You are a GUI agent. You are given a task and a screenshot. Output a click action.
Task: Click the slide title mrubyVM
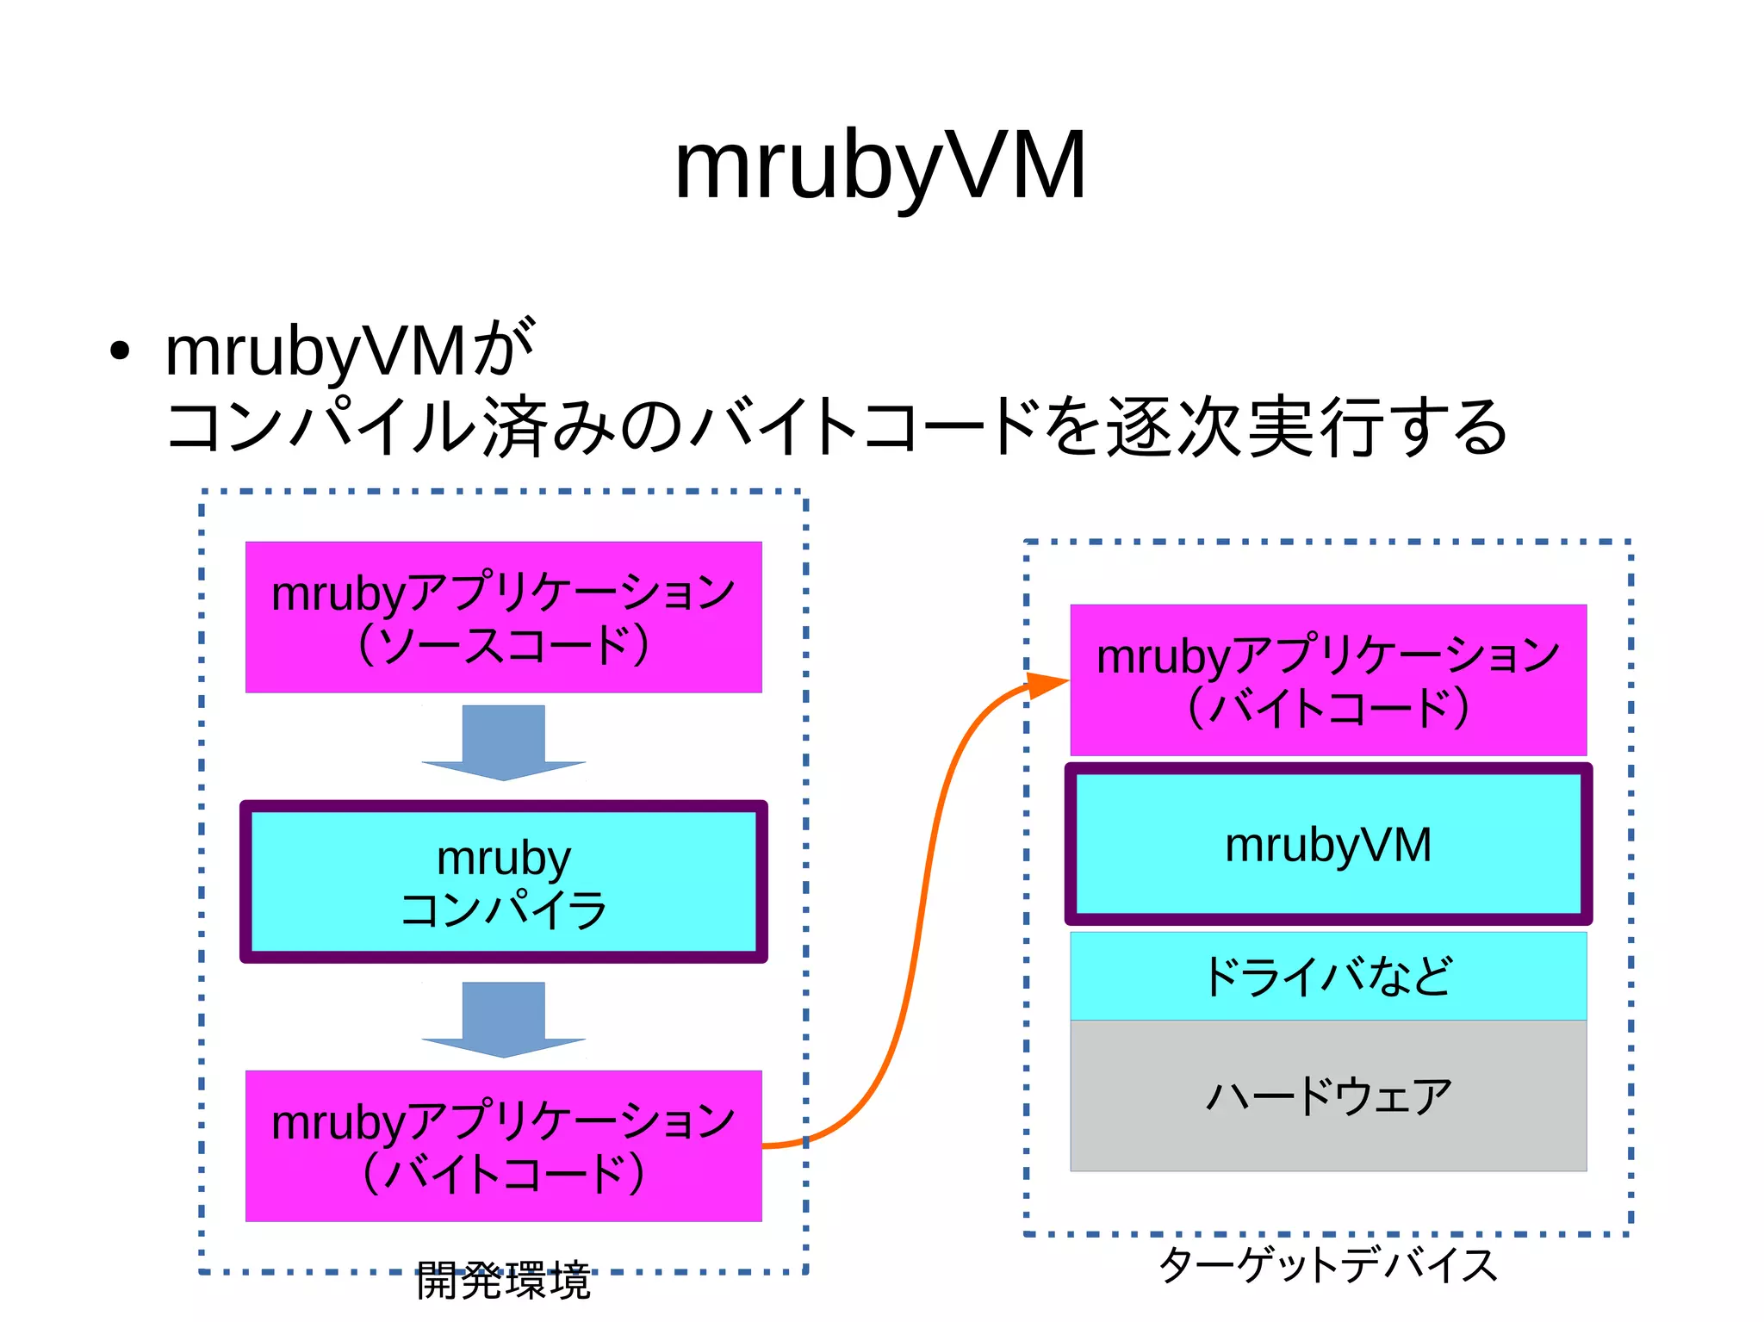pyautogui.click(x=879, y=166)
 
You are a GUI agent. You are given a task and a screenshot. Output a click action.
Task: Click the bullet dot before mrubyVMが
pyautogui.click(x=120, y=351)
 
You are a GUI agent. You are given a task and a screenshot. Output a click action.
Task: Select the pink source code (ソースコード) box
pyautogui.click(x=503, y=617)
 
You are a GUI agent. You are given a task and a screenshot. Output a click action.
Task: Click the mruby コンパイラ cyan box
pyautogui.click(x=503, y=881)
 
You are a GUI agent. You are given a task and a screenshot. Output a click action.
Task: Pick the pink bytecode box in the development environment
pyautogui.click(x=503, y=1145)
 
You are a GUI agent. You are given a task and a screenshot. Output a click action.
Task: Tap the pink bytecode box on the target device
pyautogui.click(x=1327, y=680)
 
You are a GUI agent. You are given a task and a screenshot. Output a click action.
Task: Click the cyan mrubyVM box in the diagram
pyautogui.click(x=1327, y=844)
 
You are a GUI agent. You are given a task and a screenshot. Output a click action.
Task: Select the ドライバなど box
pyautogui.click(x=1327, y=976)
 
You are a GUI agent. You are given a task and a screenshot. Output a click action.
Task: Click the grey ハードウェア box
pyautogui.click(x=1327, y=1095)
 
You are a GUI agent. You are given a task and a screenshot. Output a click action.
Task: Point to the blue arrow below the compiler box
pyautogui.click(x=503, y=1019)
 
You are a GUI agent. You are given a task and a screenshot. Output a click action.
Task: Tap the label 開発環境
pyautogui.click(x=503, y=1281)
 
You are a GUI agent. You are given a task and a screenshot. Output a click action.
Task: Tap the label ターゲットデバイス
pyautogui.click(x=1327, y=1265)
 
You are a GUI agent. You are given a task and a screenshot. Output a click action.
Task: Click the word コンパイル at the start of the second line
pyautogui.click(x=320, y=427)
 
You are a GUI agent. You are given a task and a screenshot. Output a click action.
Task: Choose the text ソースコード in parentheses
pyautogui.click(x=503, y=645)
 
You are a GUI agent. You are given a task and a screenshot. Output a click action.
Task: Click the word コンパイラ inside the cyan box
pyautogui.click(x=503, y=909)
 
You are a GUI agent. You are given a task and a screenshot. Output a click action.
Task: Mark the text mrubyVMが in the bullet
pyautogui.click(x=349, y=351)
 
